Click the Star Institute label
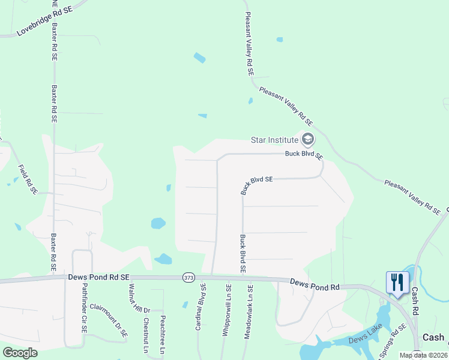point(274,140)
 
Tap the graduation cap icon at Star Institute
point(307,140)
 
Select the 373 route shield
point(189,277)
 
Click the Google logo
point(20,352)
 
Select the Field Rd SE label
point(28,179)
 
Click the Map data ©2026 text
point(424,355)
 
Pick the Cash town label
point(433,337)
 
